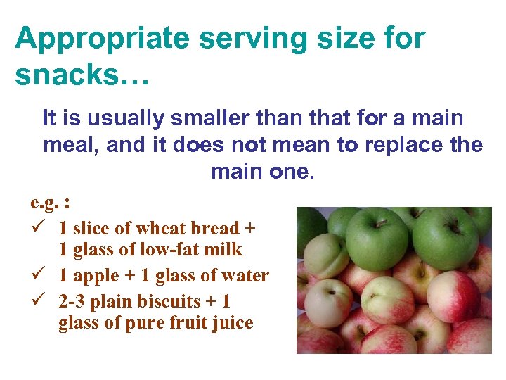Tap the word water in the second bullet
click(x=245, y=275)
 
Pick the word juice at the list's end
click(x=234, y=324)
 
